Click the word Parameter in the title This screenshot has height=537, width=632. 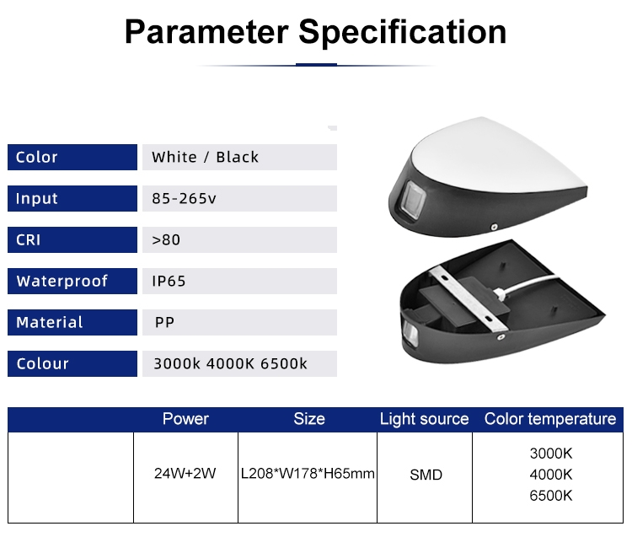tap(206, 32)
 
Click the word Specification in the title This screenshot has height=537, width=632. tap(402, 32)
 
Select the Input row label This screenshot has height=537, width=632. tap(37, 198)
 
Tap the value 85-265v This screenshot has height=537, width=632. tap(185, 198)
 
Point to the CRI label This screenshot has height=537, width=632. tap(28, 240)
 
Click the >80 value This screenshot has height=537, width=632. tap(166, 240)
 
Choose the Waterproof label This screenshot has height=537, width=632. tap(62, 281)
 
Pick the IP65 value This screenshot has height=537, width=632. tap(169, 281)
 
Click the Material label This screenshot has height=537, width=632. tap(50, 323)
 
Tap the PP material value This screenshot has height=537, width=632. tap(164, 323)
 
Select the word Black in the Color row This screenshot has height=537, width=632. tap(238, 158)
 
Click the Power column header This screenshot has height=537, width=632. tap(185, 419)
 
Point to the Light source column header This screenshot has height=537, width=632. tap(425, 419)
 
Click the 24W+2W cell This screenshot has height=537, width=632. tap(185, 473)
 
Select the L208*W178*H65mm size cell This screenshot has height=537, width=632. tap(308, 473)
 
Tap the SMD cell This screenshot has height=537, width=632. tap(426, 475)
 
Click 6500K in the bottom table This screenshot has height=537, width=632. tap(551, 496)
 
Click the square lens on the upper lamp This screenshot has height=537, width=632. tap(412, 201)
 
